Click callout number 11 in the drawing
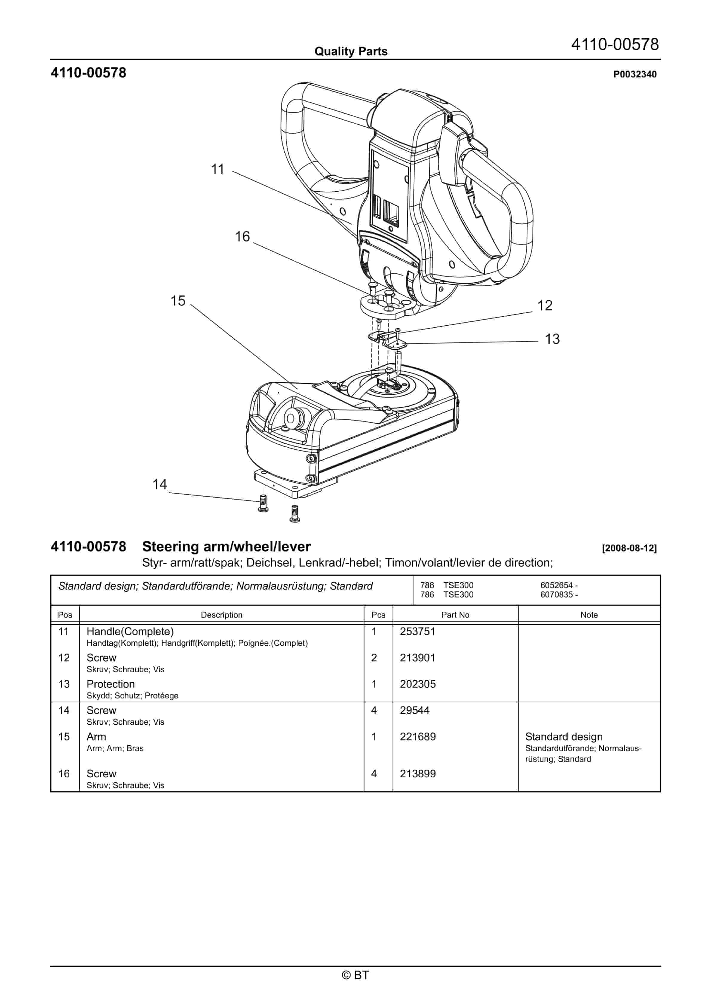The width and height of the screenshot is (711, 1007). coord(217,169)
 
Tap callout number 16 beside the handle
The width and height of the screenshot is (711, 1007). coord(242,237)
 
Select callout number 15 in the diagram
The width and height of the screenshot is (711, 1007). coord(178,301)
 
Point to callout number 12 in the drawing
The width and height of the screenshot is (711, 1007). coord(545,306)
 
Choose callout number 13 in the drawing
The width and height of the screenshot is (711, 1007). coord(552,339)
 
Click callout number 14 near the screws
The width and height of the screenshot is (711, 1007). coord(160,485)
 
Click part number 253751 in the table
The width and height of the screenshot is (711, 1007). coord(417,631)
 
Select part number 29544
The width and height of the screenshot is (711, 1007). coord(414,710)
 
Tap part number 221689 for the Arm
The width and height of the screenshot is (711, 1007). coord(417,737)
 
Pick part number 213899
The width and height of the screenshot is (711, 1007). coord(417,774)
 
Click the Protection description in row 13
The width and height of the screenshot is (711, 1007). coord(111,684)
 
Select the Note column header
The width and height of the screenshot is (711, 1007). coord(589,615)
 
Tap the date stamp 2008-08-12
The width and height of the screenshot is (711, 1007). coord(629,548)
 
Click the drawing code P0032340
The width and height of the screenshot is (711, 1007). coord(635,74)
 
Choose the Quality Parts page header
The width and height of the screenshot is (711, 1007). coord(351,52)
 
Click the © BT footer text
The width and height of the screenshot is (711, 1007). coord(355,975)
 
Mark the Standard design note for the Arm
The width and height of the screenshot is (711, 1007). coord(564,737)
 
